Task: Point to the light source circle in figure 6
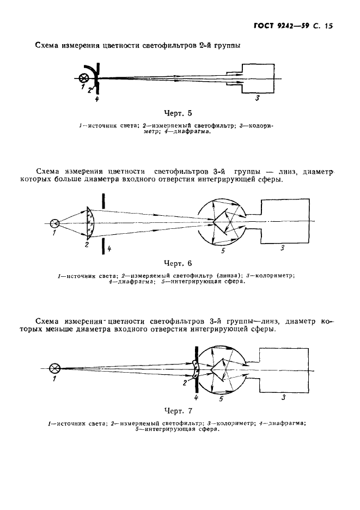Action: (x=55, y=223)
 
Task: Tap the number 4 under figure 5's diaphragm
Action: (x=96, y=100)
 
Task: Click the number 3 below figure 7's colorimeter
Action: (x=283, y=398)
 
